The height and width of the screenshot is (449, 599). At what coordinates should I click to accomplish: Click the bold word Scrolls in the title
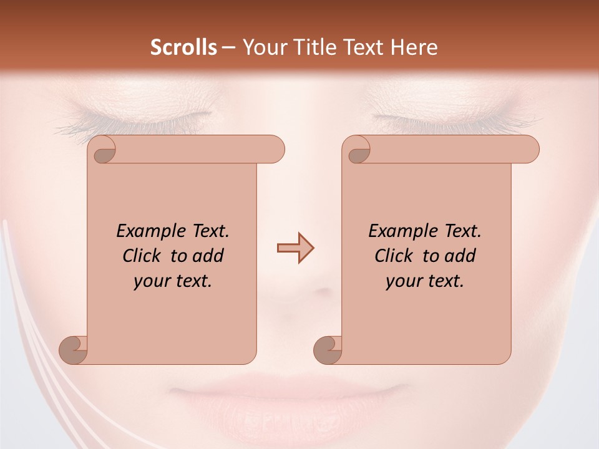tap(183, 47)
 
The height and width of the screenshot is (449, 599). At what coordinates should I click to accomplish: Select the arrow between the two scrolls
tap(295, 248)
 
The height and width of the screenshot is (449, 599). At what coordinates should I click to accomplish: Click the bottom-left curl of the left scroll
tap(74, 349)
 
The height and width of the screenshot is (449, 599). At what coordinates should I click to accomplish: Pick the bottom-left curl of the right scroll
tap(329, 349)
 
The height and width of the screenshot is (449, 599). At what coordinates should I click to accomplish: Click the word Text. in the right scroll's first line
tap(462, 231)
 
